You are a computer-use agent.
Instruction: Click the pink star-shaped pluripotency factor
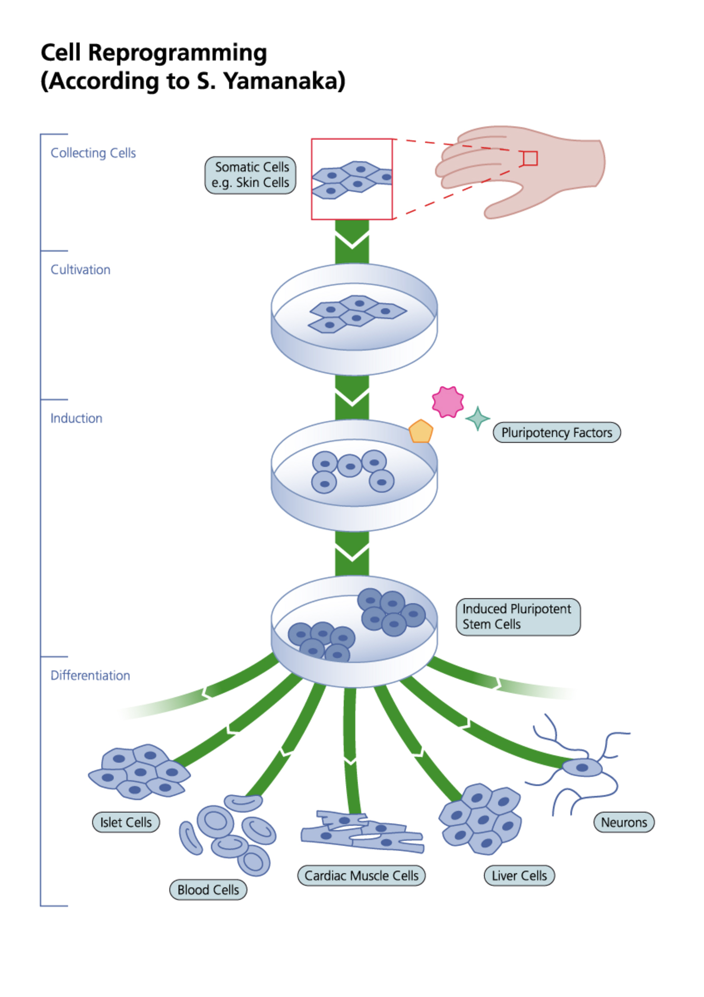(448, 401)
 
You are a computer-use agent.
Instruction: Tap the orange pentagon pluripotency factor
(421, 432)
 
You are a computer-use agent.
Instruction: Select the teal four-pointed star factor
(477, 419)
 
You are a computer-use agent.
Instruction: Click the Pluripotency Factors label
(557, 433)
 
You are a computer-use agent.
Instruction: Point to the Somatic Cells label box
(250, 175)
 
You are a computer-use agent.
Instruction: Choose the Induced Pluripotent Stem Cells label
(518, 617)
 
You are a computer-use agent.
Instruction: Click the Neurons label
(624, 822)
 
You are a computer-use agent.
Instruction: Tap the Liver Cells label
(519, 876)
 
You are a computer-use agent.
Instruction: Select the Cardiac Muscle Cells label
(361, 876)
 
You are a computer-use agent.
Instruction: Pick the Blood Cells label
(208, 890)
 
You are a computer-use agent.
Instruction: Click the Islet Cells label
(126, 822)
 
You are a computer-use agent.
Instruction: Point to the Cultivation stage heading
(80, 270)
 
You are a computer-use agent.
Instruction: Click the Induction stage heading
(76, 419)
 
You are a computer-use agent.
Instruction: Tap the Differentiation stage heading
(91, 676)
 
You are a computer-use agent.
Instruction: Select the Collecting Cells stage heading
(93, 153)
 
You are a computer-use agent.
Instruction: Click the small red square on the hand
(530, 158)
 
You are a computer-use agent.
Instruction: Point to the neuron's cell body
(582, 768)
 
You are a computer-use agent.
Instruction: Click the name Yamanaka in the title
(285, 81)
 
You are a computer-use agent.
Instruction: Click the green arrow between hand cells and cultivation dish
(352, 241)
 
